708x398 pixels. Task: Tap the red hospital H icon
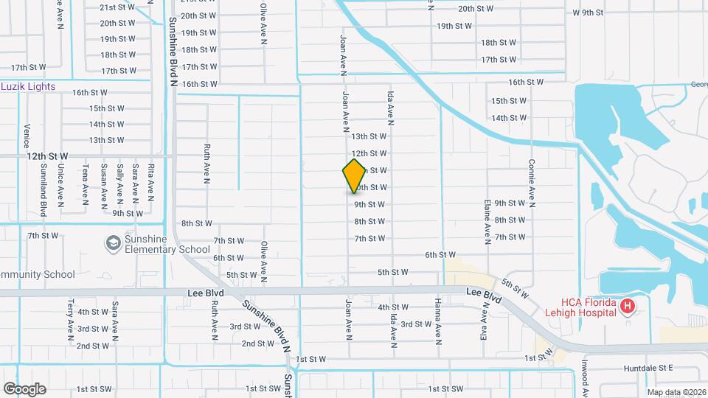coord(627,305)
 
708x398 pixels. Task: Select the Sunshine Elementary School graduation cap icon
coord(113,242)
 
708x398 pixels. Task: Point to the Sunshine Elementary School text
coord(167,243)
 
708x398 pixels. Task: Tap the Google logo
coord(24,389)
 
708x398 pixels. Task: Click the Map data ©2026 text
coord(676,392)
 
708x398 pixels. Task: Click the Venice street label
coord(27,136)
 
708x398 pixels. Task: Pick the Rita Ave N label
coord(151,184)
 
